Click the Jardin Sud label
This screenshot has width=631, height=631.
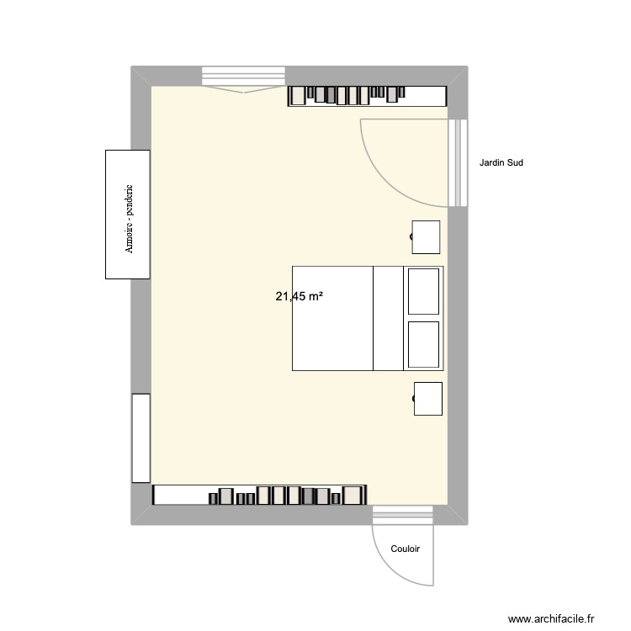[x=501, y=163]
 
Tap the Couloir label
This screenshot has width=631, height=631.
[x=406, y=549]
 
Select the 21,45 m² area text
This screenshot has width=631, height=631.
[x=300, y=296]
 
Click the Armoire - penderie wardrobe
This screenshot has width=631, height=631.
[x=127, y=214]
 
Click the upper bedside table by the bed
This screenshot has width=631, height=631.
[x=427, y=237]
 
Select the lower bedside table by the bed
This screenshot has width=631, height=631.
[x=428, y=399]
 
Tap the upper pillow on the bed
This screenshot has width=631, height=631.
[x=423, y=291]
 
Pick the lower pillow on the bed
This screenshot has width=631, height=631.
[x=423, y=343]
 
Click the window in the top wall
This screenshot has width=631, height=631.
[x=243, y=77]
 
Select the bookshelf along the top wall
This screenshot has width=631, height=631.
[x=367, y=96]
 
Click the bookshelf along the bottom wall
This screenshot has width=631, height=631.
[x=259, y=495]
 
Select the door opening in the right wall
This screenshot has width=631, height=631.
[x=458, y=163]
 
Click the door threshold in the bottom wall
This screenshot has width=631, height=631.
[x=403, y=514]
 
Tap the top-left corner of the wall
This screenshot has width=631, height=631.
[x=141, y=76]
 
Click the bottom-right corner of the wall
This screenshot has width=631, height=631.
[x=457, y=515]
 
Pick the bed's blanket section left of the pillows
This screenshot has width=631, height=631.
[x=332, y=318]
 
